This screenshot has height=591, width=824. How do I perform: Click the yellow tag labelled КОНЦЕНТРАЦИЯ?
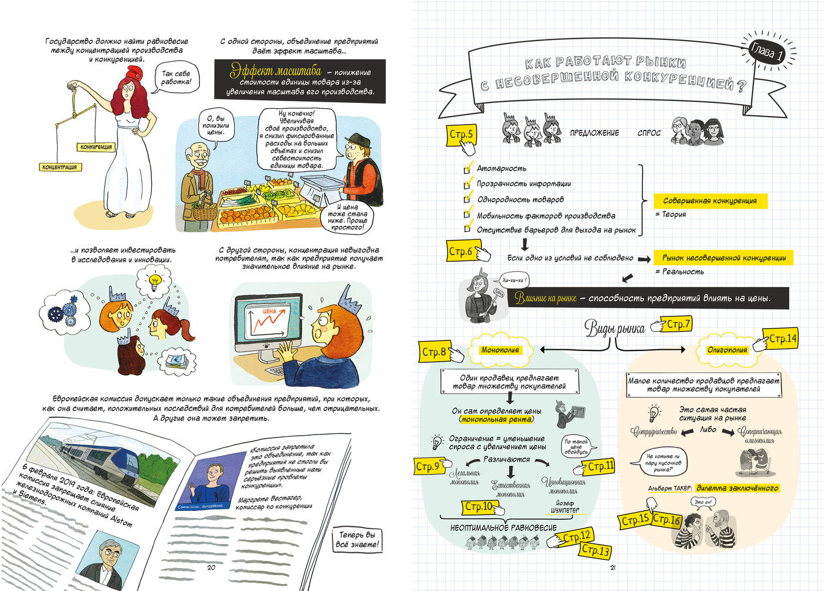59,167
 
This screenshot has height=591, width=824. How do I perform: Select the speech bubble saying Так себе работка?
176,78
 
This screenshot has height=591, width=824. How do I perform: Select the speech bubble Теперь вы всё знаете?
358,540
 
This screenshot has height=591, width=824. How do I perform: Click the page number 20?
211,567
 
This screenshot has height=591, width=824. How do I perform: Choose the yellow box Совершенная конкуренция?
710,201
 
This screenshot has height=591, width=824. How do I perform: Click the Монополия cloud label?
500,350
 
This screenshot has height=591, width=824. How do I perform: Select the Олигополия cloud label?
727,350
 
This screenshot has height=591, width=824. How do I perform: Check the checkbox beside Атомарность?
468,168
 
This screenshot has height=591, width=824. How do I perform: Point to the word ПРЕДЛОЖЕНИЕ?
594,133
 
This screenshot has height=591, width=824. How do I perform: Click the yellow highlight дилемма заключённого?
737,488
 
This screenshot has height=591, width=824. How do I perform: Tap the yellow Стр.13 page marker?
596,550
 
